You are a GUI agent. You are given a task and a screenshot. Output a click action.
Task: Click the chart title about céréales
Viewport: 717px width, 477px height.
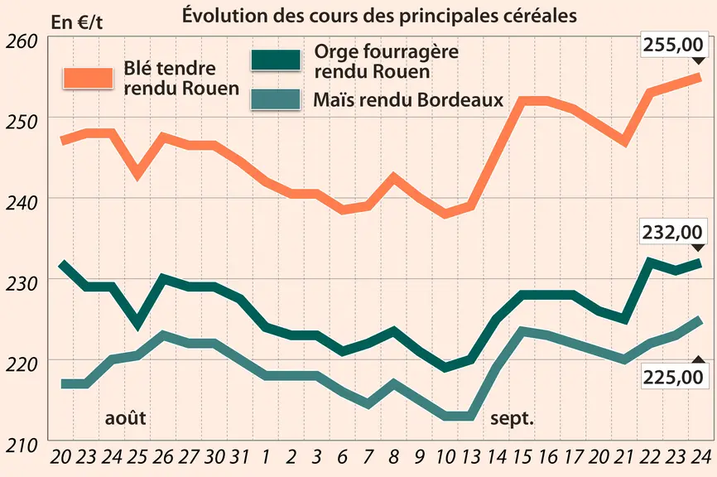379,15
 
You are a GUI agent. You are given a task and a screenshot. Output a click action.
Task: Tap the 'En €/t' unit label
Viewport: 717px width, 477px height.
76,22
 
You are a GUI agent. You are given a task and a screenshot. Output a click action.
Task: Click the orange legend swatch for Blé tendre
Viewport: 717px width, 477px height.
89,78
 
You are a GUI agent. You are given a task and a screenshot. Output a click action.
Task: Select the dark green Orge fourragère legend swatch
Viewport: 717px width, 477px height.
276,60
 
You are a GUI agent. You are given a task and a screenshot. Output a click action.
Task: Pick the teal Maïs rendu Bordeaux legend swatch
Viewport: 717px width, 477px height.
276,99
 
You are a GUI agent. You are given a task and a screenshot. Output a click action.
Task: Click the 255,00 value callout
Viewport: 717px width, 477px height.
672,45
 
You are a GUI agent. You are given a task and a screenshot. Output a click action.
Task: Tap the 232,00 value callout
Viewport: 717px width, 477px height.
672,233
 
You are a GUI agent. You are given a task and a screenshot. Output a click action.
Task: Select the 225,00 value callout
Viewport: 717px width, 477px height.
672,378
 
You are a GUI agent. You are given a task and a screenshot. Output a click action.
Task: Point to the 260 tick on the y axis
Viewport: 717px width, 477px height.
22,41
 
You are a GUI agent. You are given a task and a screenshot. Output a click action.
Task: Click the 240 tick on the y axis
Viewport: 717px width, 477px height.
22,203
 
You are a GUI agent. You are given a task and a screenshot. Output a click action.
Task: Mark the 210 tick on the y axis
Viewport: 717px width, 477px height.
22,445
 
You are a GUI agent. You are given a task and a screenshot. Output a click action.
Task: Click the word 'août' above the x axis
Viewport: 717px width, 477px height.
125,417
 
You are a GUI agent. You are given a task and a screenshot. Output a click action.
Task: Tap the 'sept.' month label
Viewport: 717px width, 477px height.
512,418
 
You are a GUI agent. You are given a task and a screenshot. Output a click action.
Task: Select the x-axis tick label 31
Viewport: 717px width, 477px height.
238,456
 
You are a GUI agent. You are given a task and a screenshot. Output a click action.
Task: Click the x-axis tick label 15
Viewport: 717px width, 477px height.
522,456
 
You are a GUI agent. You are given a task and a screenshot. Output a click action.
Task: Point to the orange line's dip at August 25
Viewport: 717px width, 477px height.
137,176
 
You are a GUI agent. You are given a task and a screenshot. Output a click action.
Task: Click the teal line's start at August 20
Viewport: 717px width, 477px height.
62,383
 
